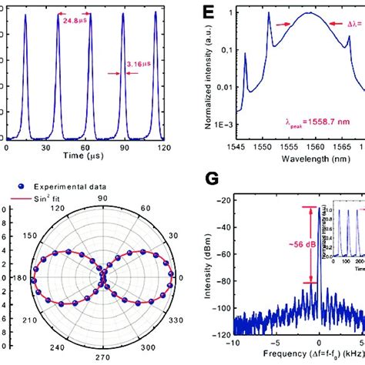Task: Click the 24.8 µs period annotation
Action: click(x=73, y=21)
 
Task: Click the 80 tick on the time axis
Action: click(x=117, y=146)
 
